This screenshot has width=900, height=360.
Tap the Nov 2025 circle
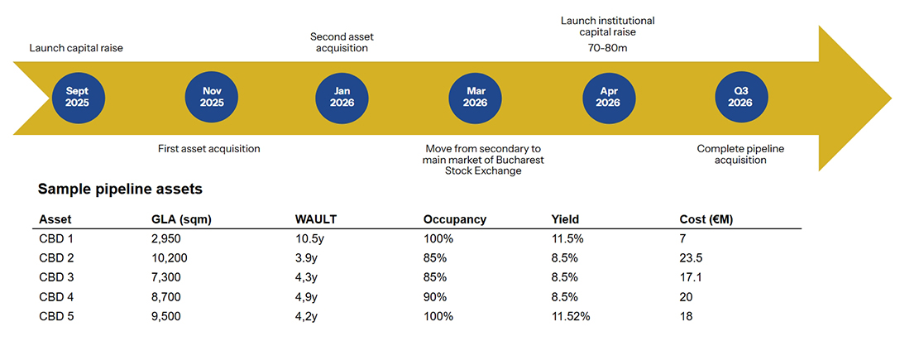point(211,98)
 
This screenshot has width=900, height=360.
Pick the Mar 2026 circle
point(475,98)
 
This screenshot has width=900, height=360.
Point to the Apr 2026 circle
point(608,98)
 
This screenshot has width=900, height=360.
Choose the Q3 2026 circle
point(740,98)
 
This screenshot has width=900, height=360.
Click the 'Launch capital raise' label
point(76,48)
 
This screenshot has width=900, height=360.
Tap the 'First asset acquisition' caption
point(209,149)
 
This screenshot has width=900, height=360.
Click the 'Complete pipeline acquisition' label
point(740,154)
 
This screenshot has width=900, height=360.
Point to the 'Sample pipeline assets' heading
point(120,190)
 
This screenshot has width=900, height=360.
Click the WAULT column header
point(316,219)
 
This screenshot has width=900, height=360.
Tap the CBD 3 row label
point(57,277)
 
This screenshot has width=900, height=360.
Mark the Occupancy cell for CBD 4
point(435,296)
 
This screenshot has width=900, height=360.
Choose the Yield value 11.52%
point(571,316)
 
